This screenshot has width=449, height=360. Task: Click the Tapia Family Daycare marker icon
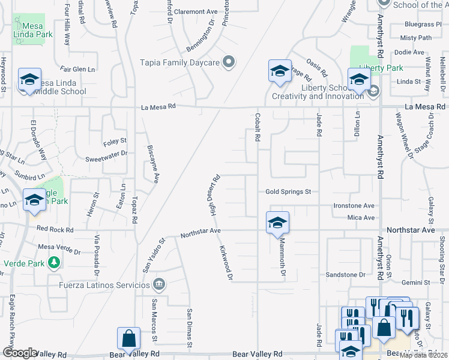[228, 62]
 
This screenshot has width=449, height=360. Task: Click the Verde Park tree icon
[54, 262]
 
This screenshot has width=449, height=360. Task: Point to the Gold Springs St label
[288, 192]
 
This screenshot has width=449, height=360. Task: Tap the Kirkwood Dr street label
[226, 262]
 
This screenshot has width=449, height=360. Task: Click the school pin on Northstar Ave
[277, 222]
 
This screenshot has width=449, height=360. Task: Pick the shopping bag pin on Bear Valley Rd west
[129, 338]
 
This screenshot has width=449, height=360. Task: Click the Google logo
[20, 353]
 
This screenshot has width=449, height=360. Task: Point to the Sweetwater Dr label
[106, 153]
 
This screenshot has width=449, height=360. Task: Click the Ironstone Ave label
[355, 205]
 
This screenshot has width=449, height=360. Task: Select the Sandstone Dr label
[345, 275]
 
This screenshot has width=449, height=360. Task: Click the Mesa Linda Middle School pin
[29, 80]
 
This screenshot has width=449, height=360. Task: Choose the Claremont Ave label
[196, 11]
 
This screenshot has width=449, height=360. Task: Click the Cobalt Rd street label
[257, 128]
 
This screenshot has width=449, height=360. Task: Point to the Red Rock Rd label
[55, 230]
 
